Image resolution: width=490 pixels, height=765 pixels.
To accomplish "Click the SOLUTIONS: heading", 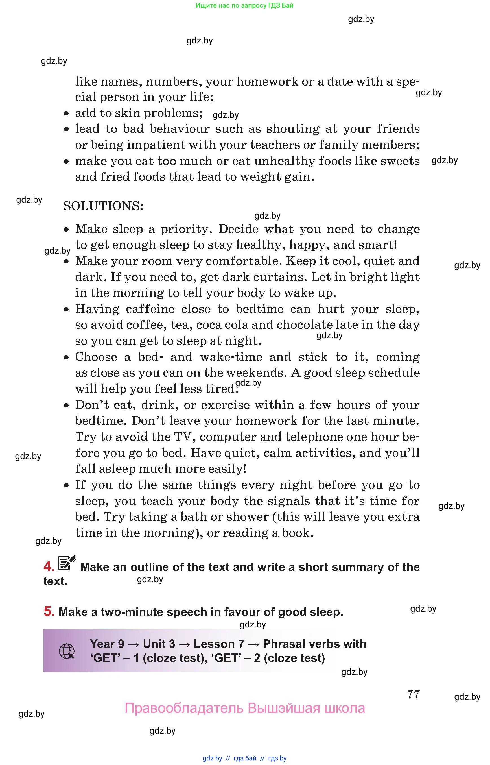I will click(103, 206).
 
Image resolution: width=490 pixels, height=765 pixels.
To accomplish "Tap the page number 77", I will click(413, 694).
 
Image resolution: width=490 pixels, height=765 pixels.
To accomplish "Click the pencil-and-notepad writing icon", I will click(67, 563).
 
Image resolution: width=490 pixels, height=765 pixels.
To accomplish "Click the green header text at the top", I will click(244, 5).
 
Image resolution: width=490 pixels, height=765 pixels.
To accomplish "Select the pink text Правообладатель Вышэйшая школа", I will click(244, 708).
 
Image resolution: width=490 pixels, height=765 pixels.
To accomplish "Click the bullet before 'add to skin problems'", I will click(66, 113).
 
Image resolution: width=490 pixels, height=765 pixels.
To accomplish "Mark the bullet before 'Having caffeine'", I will click(66, 309).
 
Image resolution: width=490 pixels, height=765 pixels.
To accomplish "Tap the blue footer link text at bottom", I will click(244, 758).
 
